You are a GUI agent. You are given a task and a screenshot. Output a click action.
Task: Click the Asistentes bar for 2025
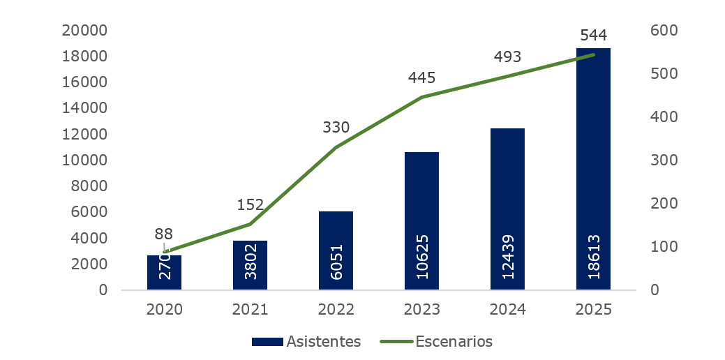pos(593,167)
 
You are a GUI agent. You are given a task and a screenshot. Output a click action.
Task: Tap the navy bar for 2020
pos(164,272)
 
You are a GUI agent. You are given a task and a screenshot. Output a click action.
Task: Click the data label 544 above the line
pos(593,35)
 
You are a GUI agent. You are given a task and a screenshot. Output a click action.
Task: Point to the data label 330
pos(336,128)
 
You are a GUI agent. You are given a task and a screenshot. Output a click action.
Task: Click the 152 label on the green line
pos(250,204)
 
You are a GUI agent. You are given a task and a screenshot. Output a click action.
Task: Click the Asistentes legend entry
pos(306,341)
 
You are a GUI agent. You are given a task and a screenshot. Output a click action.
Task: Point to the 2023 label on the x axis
pos(421,309)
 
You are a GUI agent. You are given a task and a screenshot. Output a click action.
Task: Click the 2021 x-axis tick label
pos(250,309)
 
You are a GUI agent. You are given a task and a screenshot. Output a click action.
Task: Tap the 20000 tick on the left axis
pos(84,30)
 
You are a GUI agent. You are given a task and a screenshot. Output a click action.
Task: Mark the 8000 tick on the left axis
pos(89,186)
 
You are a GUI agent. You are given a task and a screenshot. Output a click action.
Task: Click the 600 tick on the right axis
pos(664,30)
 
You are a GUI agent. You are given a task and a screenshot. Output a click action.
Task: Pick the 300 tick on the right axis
pos(664,160)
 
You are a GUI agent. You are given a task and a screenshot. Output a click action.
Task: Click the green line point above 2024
pos(507,76)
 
